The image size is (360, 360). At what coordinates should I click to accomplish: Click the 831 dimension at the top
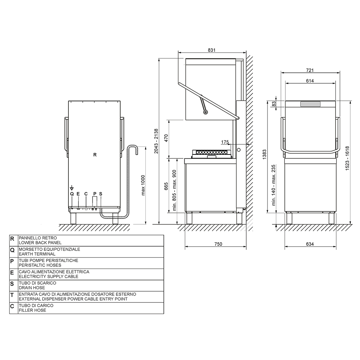point(211,50)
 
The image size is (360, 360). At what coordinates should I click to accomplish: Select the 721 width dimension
point(310,70)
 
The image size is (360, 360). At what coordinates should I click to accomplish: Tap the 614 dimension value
point(310,81)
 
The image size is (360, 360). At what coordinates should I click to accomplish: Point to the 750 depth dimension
point(218,244)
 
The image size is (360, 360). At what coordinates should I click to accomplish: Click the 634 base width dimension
point(310,244)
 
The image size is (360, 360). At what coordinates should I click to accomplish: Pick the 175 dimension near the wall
point(225,142)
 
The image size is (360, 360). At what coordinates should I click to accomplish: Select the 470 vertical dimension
point(166,138)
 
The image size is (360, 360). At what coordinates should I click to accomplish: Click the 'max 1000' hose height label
point(143,185)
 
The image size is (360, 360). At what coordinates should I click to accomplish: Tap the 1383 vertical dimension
point(264,154)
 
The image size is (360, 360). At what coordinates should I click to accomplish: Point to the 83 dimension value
point(274,104)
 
